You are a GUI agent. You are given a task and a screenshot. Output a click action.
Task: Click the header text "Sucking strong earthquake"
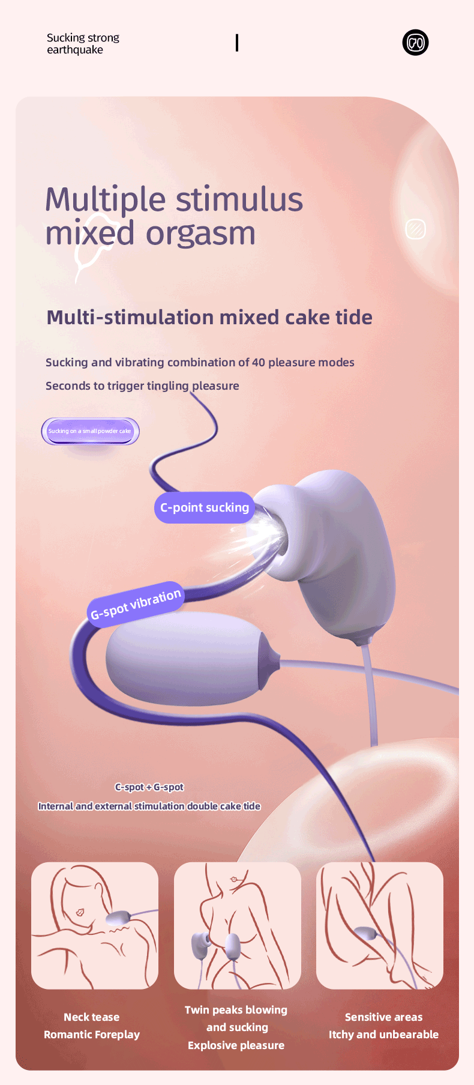(x=83, y=44)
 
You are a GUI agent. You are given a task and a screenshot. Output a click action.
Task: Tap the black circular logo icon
(x=415, y=43)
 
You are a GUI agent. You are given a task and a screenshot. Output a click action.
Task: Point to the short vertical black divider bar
(x=237, y=43)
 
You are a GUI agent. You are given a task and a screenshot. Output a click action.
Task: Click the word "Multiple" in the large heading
(x=106, y=201)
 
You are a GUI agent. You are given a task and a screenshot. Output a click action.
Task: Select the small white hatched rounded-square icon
(x=415, y=229)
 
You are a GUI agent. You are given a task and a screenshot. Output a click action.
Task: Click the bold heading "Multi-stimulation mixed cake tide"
(x=209, y=317)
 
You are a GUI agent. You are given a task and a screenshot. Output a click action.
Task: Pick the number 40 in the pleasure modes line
(x=259, y=363)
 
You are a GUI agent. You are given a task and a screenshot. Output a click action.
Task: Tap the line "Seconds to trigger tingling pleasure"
(x=142, y=386)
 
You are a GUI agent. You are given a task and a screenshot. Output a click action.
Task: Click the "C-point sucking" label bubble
(x=205, y=508)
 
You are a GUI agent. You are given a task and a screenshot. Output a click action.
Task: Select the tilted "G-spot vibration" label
(x=136, y=605)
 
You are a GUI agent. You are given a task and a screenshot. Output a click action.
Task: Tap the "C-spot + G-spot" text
(x=149, y=787)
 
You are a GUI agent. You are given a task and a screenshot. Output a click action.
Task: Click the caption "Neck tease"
(x=92, y=1017)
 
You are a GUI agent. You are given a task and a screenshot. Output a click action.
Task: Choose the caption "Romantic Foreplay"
(x=92, y=1035)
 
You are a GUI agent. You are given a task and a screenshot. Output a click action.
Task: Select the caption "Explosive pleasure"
(x=236, y=1045)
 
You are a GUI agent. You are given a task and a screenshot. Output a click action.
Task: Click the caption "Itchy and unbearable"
(x=383, y=1035)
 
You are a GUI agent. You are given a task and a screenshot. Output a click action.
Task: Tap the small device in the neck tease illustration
(x=118, y=919)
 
